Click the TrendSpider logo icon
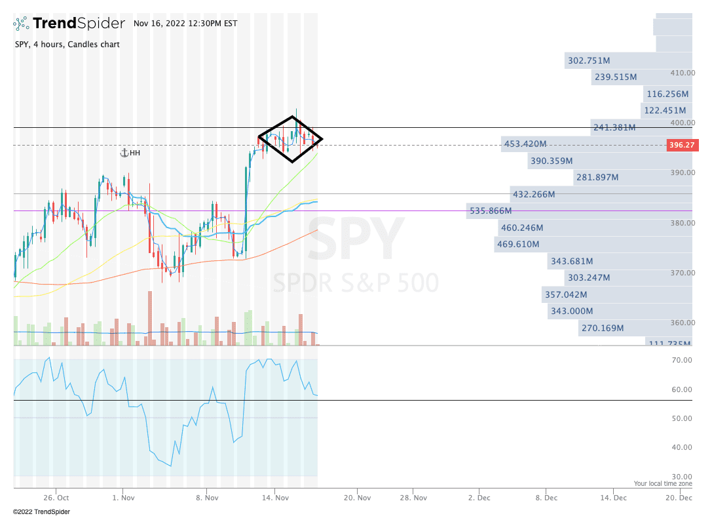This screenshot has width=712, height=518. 22,24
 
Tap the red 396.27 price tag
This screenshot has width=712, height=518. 681,145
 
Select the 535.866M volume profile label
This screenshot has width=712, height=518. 491,211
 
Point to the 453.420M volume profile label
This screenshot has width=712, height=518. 525,144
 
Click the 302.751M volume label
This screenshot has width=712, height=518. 589,61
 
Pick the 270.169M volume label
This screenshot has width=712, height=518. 603,328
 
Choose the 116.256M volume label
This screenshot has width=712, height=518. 667,94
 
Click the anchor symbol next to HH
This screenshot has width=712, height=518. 123,153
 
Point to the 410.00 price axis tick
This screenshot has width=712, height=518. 682,73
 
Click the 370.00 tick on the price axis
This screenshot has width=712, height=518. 682,273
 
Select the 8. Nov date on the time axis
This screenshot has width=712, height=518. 206,498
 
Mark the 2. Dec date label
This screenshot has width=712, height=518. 478,498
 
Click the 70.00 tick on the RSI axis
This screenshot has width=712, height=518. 682,360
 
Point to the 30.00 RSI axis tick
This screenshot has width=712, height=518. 682,477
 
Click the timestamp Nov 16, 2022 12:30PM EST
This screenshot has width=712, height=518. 185,24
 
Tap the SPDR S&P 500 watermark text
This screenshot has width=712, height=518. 356,283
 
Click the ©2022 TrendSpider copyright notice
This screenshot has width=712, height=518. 41,511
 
